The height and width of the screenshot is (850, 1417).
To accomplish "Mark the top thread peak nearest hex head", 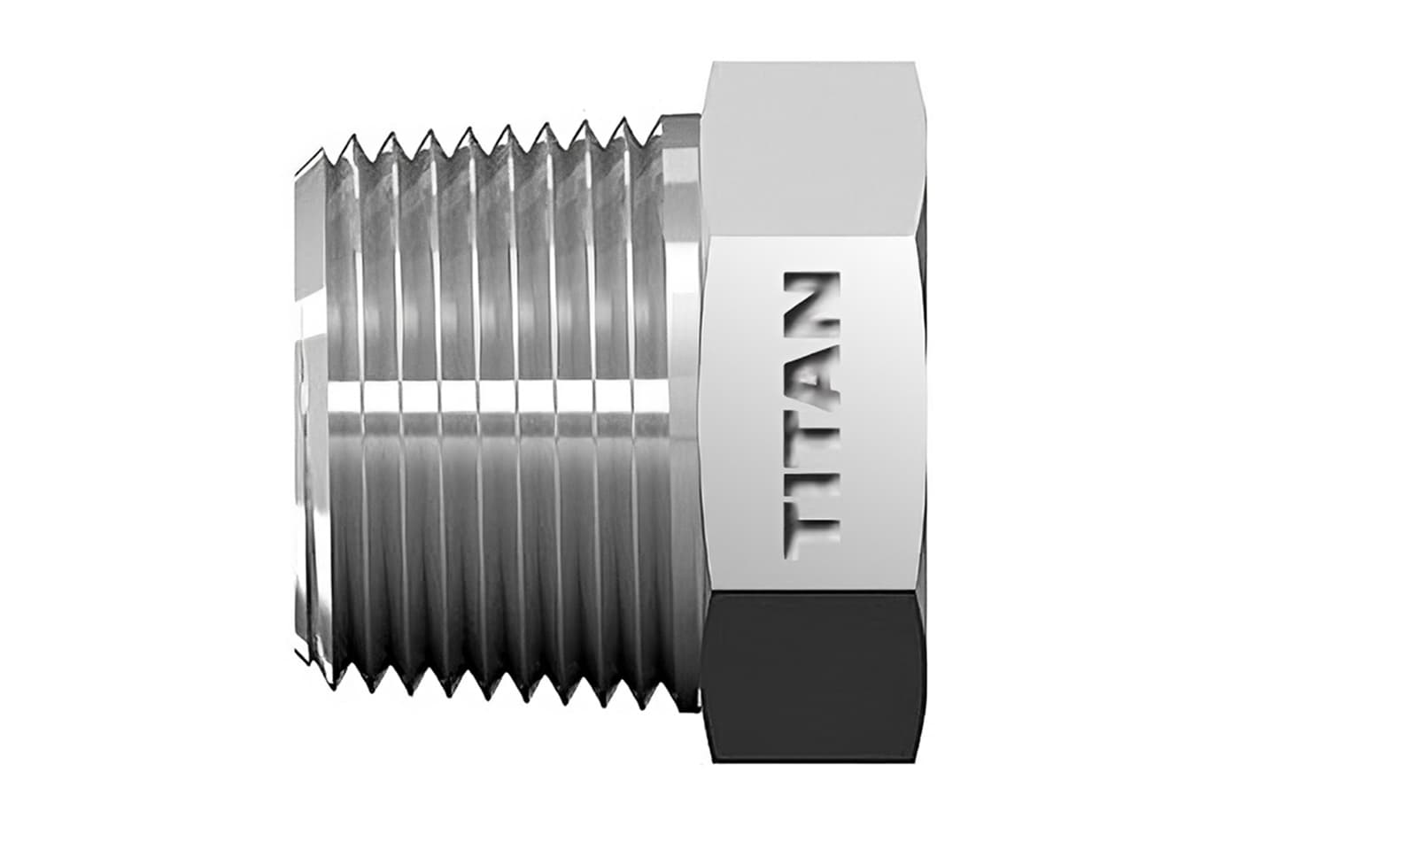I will coord(657,121).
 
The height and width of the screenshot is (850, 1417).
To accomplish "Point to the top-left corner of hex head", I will coord(713,63).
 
